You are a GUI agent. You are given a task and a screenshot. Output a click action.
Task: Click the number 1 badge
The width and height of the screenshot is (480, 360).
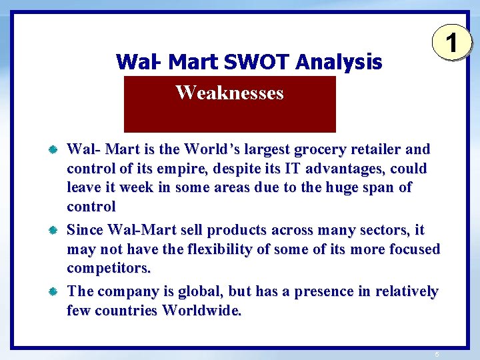pos(451,45)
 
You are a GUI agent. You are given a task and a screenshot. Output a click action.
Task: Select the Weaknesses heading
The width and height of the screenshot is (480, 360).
pos(229,93)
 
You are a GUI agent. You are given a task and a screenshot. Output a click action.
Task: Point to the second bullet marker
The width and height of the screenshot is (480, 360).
pos(54,231)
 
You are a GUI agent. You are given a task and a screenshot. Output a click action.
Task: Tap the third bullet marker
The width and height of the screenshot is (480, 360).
pos(54,292)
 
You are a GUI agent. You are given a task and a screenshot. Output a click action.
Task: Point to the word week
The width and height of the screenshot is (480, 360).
pos(137,187)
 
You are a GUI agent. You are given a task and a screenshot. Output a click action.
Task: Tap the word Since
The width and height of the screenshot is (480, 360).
pos(85,230)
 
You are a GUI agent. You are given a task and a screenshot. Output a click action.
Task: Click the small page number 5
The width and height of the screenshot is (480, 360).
pos(436,353)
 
